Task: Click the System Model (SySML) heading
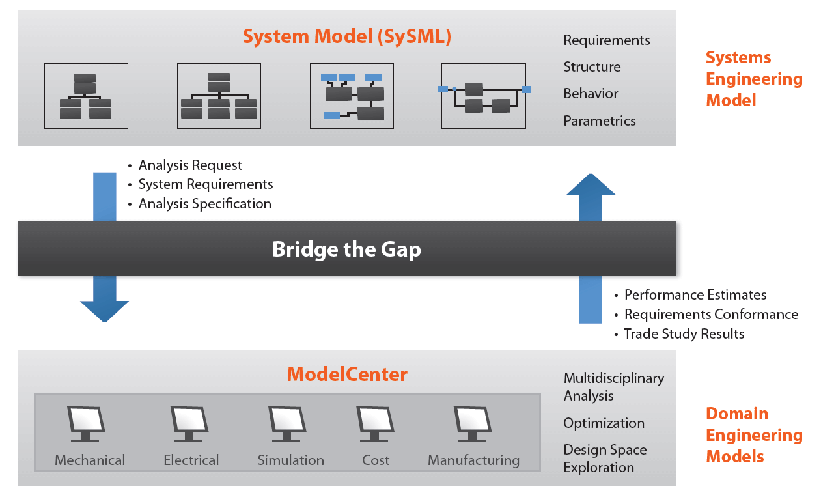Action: [x=346, y=36]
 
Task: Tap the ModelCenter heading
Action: [x=347, y=375]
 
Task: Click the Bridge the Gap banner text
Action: [x=346, y=249]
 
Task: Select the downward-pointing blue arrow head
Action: [x=104, y=309]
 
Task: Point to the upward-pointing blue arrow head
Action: [x=591, y=186]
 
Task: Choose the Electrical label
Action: [x=191, y=460]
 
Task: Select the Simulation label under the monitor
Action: [x=290, y=460]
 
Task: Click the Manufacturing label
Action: [x=473, y=460]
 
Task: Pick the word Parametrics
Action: [x=599, y=121]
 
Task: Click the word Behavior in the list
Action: [x=591, y=94]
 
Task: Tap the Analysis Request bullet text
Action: [x=190, y=165]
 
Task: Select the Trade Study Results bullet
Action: [x=684, y=334]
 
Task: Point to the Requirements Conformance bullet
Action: [x=711, y=315]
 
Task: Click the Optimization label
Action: [x=604, y=423]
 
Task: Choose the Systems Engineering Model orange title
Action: [x=754, y=79]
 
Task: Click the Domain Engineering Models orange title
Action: [x=754, y=435]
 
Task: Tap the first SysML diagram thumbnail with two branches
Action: [x=86, y=96]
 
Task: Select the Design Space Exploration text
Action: [x=605, y=459]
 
